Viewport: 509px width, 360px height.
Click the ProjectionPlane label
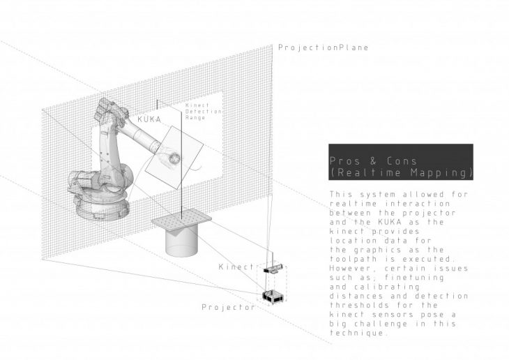324,47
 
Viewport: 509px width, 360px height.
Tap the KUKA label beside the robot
149,119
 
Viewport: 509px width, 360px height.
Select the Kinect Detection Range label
203,112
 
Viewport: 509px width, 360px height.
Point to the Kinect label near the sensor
236,267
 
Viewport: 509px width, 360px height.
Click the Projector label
228,307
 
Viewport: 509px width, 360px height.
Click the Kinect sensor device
273,269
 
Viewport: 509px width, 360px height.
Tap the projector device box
273,297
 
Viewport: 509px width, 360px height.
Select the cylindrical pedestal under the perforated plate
181,241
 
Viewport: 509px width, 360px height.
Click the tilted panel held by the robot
174,158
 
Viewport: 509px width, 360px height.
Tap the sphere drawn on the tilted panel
174,158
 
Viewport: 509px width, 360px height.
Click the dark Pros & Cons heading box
401,162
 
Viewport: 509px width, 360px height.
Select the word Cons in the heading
402,161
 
